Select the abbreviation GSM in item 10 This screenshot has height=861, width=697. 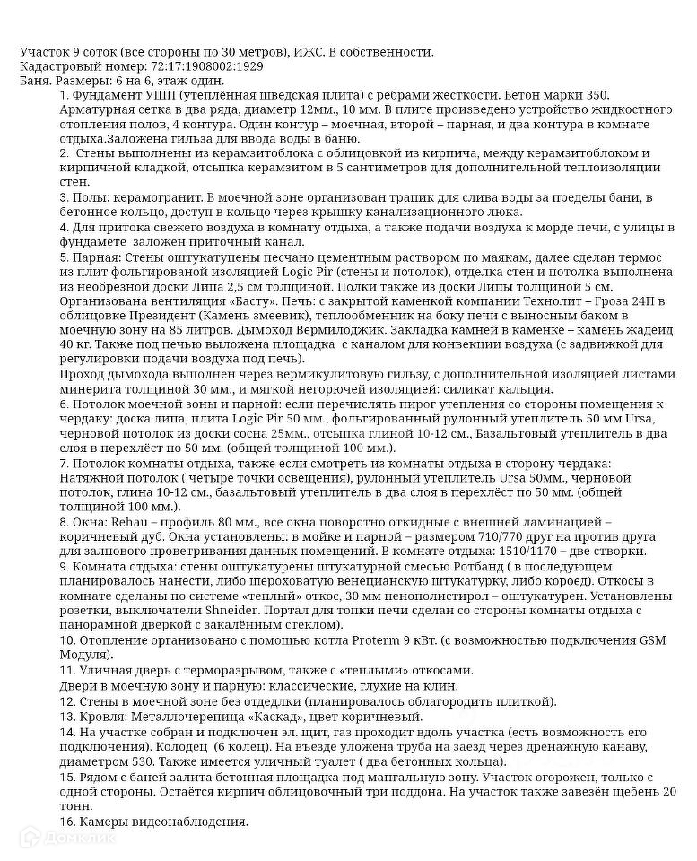pyautogui.click(x=624, y=641)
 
